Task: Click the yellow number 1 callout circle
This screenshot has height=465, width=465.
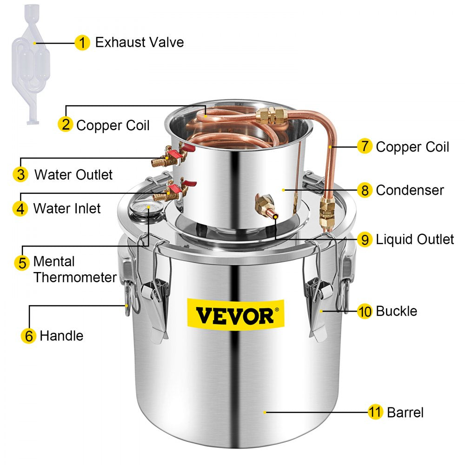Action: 82,43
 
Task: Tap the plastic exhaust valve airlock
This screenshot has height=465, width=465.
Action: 35,65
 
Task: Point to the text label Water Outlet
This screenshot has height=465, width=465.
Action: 73,175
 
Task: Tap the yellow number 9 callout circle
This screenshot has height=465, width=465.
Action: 365,239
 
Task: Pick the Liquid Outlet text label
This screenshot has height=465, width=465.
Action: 415,239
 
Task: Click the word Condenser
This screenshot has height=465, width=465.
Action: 410,190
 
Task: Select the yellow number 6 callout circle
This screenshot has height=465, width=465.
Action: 29,336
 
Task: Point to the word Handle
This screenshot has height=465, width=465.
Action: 61,336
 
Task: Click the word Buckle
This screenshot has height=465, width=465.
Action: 396,311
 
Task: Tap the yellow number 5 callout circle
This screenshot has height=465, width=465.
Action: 22,262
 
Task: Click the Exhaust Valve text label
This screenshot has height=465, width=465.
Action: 139,43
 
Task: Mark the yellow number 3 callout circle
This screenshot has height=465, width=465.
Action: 20,175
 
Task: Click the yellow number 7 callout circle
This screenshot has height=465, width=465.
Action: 365,147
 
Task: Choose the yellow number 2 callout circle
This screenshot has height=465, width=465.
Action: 65,125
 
